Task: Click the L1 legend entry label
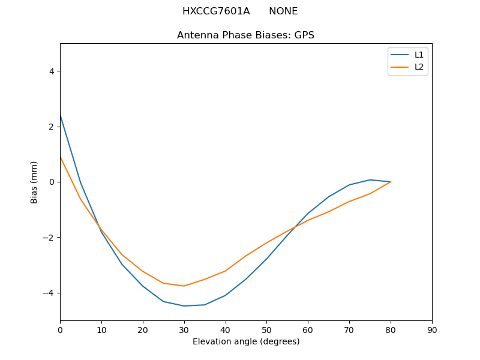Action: tap(419, 55)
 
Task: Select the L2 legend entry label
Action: tap(419, 67)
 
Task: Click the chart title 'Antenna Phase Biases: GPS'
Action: tap(245, 35)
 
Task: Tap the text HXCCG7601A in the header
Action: tap(216, 11)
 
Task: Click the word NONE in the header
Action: tap(283, 11)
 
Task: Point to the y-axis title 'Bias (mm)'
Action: tap(34, 182)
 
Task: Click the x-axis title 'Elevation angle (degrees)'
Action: tap(246, 342)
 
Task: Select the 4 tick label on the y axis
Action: tap(51, 71)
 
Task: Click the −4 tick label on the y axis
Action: tap(49, 293)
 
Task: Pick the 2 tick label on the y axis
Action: tap(51, 127)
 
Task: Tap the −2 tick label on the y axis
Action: tap(49, 238)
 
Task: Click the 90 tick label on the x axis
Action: tap(432, 329)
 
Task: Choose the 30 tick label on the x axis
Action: tap(184, 329)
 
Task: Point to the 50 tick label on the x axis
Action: tap(266, 329)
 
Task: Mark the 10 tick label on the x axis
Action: tap(101, 329)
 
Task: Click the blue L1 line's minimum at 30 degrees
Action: tap(184, 306)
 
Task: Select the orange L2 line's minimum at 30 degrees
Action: tap(184, 286)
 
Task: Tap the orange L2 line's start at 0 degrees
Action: tap(61, 157)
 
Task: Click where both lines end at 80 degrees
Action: tap(391, 182)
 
